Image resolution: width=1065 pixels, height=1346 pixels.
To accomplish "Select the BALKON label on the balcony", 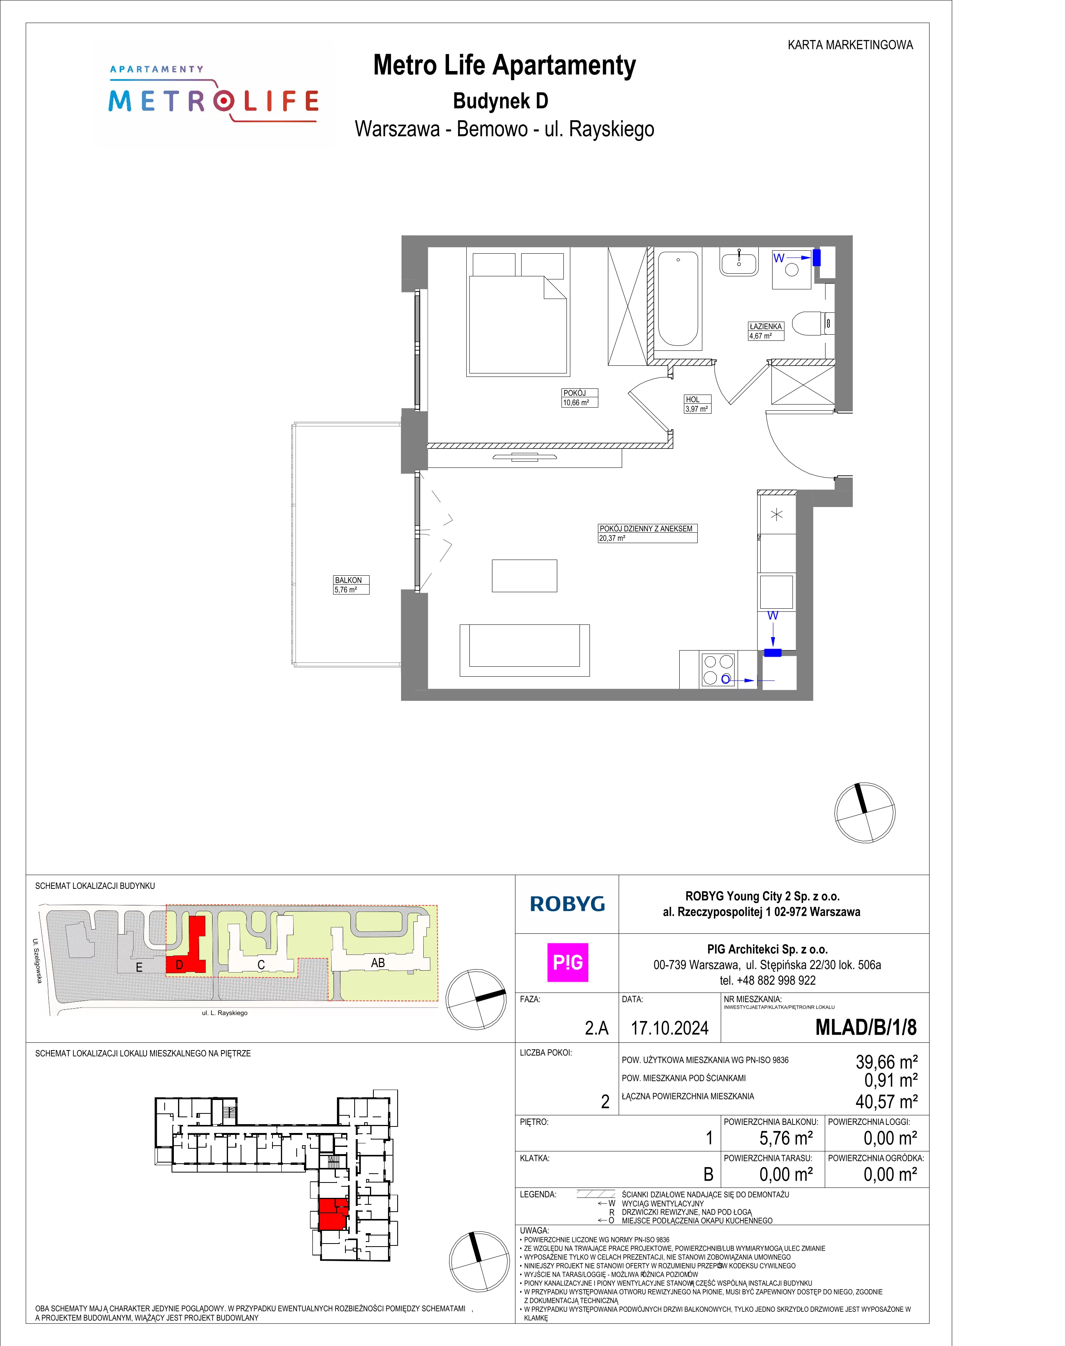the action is coord(348,580).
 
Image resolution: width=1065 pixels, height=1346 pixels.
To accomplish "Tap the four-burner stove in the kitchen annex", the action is coord(718,670).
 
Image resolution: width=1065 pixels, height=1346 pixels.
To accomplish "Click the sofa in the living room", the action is coord(524,650).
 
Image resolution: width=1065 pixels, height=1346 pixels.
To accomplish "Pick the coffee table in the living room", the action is coord(524,575).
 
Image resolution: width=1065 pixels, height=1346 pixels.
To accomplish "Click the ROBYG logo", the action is coord(567,904).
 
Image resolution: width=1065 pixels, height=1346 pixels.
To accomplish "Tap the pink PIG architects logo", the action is coord(567,963).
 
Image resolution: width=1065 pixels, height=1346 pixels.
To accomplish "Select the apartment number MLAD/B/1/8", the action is coord(866,1027).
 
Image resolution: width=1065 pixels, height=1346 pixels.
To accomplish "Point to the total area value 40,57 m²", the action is coord(886,1102).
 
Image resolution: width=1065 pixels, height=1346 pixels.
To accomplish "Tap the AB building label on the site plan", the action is coord(378,963).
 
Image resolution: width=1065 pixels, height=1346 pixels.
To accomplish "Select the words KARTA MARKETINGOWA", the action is coord(850,45).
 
